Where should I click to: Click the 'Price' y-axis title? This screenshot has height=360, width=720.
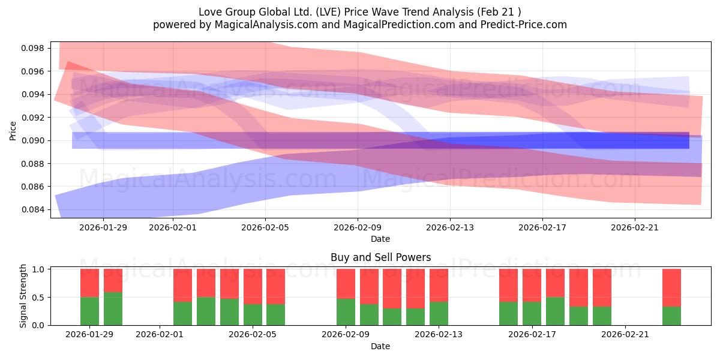(13, 130)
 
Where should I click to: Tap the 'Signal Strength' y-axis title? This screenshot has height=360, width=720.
(23, 296)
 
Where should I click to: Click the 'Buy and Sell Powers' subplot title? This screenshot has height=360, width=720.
(380, 257)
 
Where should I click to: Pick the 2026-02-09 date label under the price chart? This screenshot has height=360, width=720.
(358, 227)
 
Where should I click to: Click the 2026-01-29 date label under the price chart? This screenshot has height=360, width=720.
(103, 227)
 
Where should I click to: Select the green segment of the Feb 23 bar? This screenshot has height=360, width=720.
(671, 316)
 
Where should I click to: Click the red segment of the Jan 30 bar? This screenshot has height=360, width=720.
(113, 280)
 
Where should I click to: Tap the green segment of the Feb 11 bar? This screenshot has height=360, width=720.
(392, 317)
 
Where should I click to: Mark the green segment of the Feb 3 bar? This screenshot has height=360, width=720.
(206, 311)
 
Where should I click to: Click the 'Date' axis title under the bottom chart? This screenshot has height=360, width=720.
(380, 346)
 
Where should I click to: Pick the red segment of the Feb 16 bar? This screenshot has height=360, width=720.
(508, 285)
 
